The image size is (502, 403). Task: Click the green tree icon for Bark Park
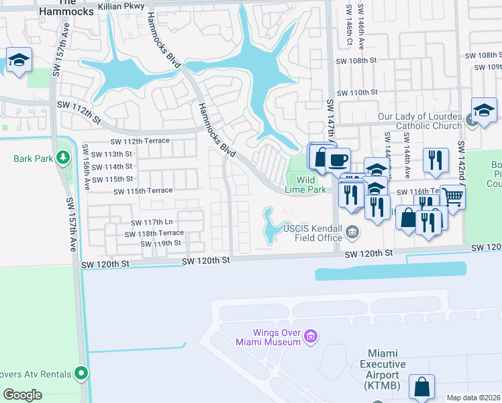click(63, 158)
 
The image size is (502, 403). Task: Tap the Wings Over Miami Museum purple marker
click(310, 335)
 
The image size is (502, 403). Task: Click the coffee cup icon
click(338, 160)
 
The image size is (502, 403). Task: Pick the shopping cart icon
click(454, 197)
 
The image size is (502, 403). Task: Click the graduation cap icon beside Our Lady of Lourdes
click(484, 110)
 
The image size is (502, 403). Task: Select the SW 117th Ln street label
click(150, 222)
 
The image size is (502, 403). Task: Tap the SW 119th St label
click(161, 243)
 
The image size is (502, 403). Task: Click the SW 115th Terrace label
click(143, 191)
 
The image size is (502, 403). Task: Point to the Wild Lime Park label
click(306, 185)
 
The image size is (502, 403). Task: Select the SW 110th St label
click(357, 93)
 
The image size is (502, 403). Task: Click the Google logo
click(23, 395)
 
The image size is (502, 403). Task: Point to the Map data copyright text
click(472, 398)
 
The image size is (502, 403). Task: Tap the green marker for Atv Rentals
click(81, 371)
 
